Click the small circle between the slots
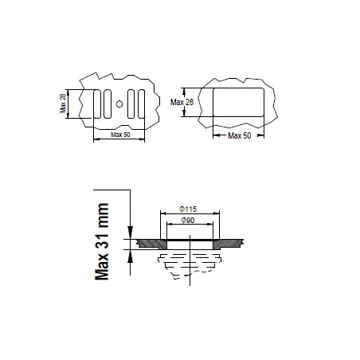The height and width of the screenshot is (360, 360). pyautogui.click(x=119, y=104)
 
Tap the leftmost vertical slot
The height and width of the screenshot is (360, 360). pyautogui.click(x=97, y=104)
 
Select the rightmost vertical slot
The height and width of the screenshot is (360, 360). pyautogui.click(x=142, y=104)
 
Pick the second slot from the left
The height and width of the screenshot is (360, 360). pyautogui.click(x=108, y=104)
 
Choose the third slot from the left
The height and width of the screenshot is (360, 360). pyautogui.click(x=131, y=104)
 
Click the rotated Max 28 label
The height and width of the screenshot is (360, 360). pyautogui.click(x=63, y=104)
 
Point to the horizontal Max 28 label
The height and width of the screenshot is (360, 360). pyautogui.click(x=182, y=102)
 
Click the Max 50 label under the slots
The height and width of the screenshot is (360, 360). pyautogui.click(x=120, y=135)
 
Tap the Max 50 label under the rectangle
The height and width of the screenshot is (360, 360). pyautogui.click(x=240, y=135)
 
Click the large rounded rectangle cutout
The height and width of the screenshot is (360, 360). pyautogui.click(x=239, y=102)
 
